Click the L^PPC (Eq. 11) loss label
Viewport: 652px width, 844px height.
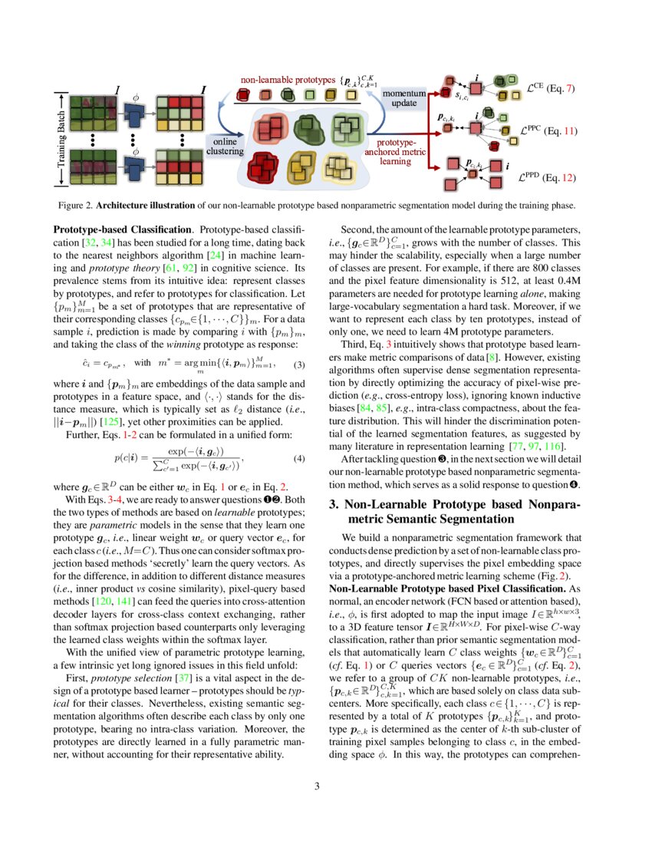(x=549, y=131)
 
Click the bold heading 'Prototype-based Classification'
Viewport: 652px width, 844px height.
(x=121, y=229)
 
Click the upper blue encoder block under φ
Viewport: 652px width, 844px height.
(x=137, y=115)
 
